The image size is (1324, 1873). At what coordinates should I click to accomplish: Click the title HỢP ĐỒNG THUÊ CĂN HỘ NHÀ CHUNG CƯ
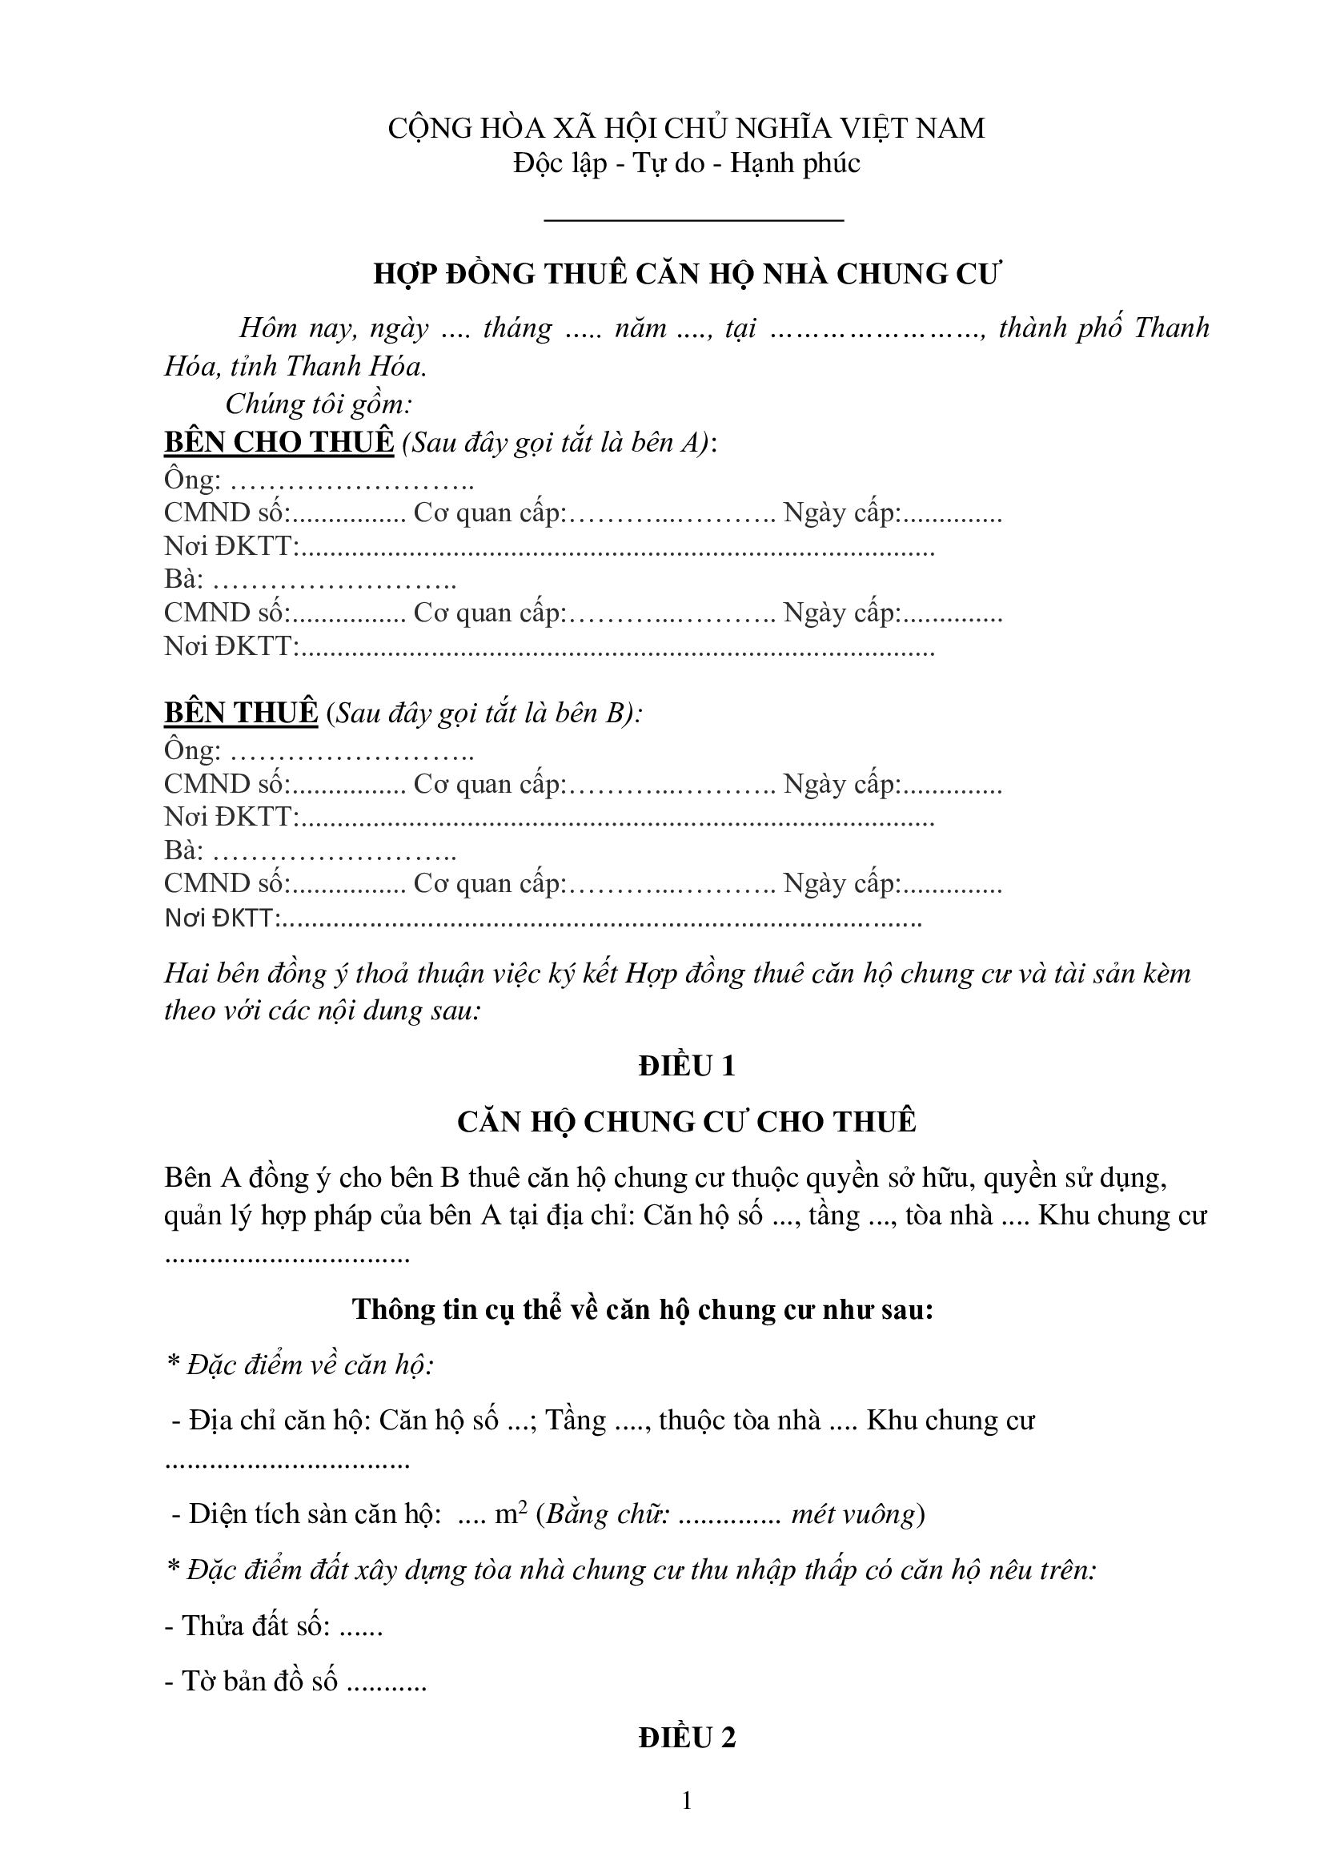(686, 274)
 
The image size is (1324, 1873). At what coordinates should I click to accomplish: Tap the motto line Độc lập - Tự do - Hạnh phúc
(686, 164)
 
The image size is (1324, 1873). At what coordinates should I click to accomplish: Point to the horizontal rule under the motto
(693, 219)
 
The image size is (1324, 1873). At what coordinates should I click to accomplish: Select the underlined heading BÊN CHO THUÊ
(279, 442)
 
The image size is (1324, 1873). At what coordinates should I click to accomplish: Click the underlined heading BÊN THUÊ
(240, 713)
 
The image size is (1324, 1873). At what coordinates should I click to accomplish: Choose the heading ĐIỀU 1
(687, 1066)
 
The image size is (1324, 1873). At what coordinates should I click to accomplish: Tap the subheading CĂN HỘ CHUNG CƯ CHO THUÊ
(687, 1122)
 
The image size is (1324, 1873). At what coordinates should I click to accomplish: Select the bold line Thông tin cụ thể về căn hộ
(643, 1309)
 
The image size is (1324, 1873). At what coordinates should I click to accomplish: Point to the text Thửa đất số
(256, 1626)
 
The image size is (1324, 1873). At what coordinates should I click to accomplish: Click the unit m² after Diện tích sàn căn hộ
(512, 1514)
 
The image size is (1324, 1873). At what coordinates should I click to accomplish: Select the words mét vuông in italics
(853, 1515)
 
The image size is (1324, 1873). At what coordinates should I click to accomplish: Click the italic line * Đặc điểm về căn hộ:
(299, 1365)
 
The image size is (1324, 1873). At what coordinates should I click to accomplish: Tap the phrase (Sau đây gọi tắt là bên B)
(484, 713)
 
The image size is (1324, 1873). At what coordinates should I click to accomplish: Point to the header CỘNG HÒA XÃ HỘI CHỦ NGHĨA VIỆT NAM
(686, 128)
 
